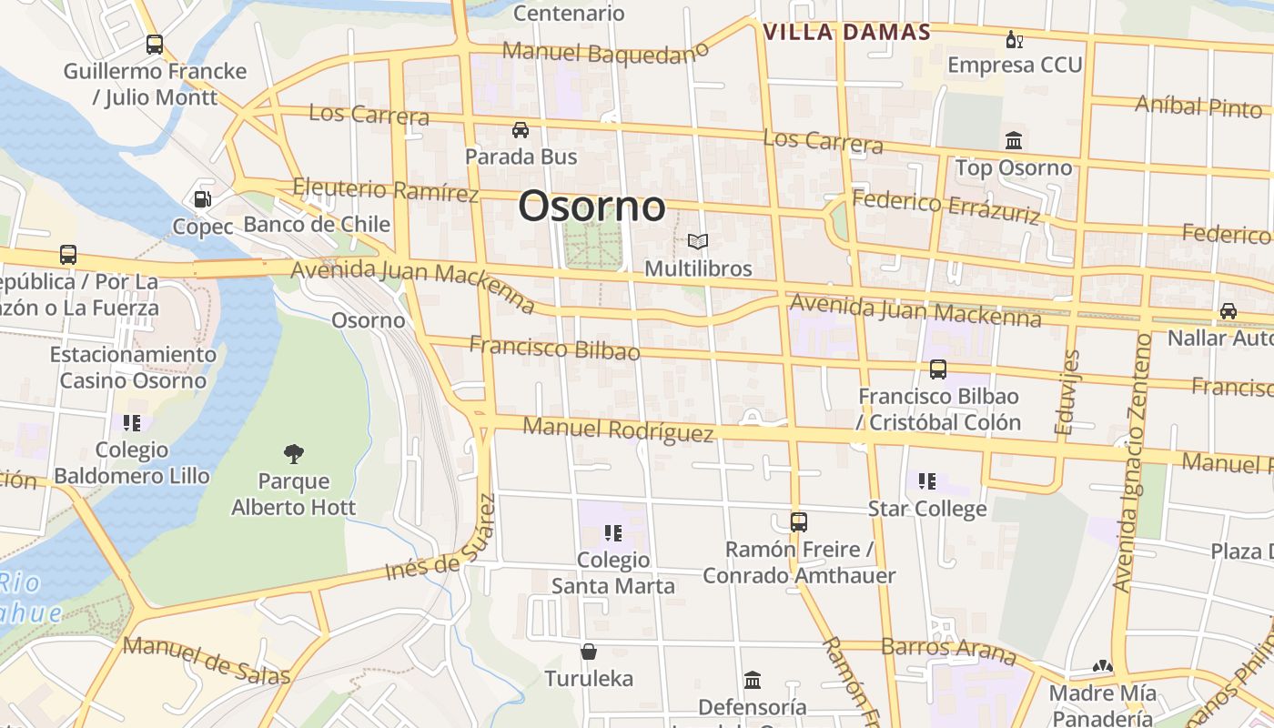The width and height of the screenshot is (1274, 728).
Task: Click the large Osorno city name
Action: tap(591, 207)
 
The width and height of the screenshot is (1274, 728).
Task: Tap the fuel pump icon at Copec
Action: tap(202, 198)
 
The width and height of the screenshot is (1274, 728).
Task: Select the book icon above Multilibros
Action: tap(698, 241)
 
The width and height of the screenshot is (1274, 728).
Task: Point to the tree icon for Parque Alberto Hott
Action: tap(293, 452)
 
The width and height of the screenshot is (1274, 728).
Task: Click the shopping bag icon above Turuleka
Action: tap(589, 652)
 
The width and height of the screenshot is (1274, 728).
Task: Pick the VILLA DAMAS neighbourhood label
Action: tap(846, 33)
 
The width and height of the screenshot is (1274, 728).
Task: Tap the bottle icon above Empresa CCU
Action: tap(1014, 39)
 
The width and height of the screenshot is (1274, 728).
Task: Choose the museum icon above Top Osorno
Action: tap(1014, 140)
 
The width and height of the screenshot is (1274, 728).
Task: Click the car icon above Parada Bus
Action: tap(521, 129)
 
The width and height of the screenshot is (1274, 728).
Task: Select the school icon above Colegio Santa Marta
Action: tap(612, 532)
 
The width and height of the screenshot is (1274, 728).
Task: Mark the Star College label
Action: tap(927, 509)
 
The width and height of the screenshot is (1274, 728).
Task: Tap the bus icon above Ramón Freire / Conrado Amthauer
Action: tap(798, 521)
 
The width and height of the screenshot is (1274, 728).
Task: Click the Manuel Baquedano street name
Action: tap(604, 53)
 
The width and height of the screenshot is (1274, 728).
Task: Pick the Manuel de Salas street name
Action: tap(207, 660)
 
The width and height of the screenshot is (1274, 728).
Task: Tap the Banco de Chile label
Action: tap(317, 225)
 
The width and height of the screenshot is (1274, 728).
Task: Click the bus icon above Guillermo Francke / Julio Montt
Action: tap(155, 44)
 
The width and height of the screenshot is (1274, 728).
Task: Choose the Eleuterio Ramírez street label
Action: tap(386, 190)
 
